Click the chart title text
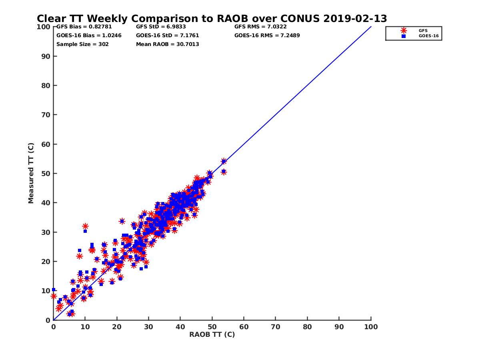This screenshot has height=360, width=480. tap(212, 19)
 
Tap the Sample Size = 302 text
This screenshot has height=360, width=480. tap(82, 44)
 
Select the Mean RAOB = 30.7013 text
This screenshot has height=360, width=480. tap(168, 44)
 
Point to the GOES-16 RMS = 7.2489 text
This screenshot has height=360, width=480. tap(267, 36)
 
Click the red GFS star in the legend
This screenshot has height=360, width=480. tap(404, 30)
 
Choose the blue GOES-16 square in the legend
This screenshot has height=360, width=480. tap(404, 36)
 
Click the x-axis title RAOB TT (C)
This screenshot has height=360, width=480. tap(212, 335)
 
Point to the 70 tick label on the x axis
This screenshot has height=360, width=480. tap(276, 326)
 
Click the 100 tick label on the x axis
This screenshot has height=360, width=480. tap(371, 326)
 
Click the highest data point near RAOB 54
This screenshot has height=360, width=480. tap(224, 161)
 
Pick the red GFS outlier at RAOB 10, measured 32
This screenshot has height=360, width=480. tap(85, 226)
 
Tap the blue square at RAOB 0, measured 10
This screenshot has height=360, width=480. tap(54, 290)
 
